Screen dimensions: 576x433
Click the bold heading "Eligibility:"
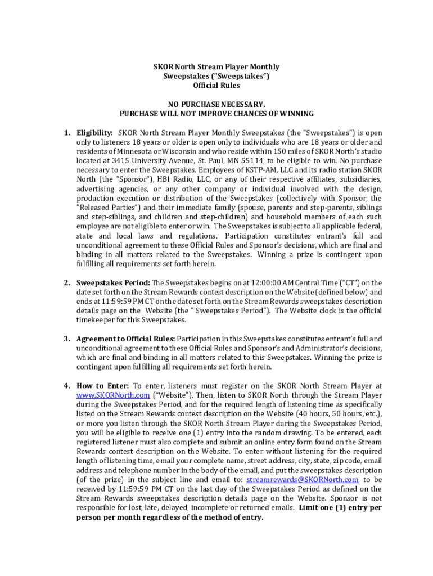pyautogui.click(x=95, y=133)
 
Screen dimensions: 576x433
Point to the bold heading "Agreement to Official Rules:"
pyautogui.click(x=127, y=339)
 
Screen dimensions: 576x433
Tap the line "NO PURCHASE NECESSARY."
pyautogui.click(x=216, y=105)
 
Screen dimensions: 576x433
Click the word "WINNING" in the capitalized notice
pyautogui.click(x=294, y=114)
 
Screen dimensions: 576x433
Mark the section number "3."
pyautogui.click(x=67, y=339)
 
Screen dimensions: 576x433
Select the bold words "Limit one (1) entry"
pyautogui.click(x=333, y=507)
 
